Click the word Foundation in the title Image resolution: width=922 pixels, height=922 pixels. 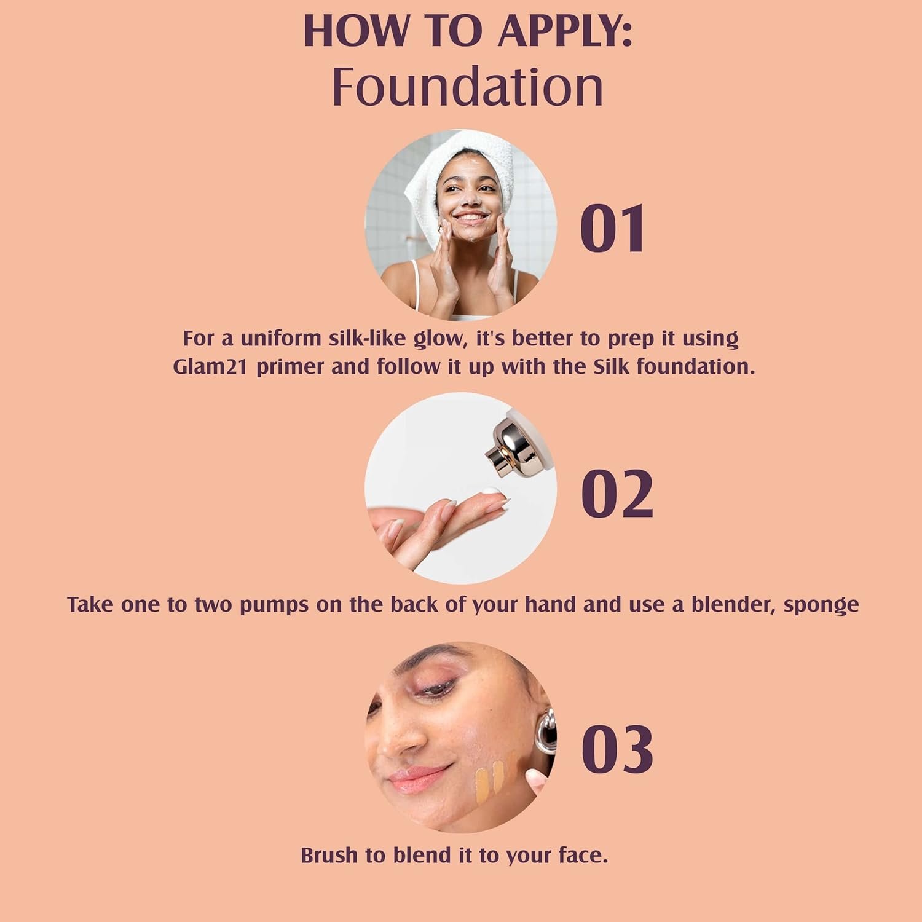(x=468, y=87)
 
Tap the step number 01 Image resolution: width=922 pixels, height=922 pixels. (x=613, y=229)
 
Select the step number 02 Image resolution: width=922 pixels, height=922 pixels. (x=617, y=494)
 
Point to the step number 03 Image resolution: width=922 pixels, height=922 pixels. (x=617, y=749)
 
